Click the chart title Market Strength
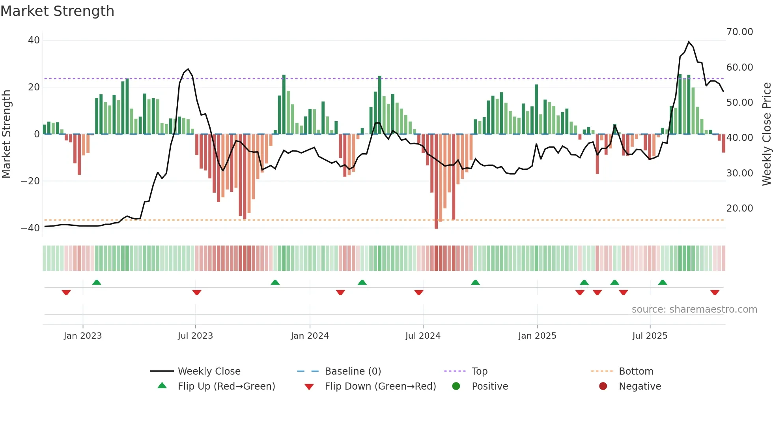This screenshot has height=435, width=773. click(x=57, y=11)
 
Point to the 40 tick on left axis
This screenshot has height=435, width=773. click(x=34, y=40)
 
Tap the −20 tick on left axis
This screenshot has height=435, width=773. click(x=30, y=181)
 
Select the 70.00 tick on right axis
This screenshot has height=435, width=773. click(x=739, y=32)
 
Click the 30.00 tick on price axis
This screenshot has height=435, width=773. click(x=739, y=173)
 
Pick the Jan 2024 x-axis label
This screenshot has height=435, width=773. click(x=310, y=336)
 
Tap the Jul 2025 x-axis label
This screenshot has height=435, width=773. click(x=650, y=336)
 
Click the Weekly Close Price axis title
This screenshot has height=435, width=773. click(x=766, y=134)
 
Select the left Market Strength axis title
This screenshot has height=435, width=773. click(x=7, y=134)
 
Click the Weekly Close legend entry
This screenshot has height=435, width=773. click(x=209, y=371)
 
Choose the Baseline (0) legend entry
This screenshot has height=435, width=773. click(x=353, y=371)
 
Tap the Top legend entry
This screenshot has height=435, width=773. click(x=480, y=371)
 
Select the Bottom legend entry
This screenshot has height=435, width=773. click(x=636, y=371)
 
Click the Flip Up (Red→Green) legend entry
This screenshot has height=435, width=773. click(x=226, y=386)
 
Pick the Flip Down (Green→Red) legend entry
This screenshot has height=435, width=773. click(x=380, y=386)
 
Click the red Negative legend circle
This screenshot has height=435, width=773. click(x=603, y=386)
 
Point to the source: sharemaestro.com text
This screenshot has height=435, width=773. click(x=694, y=309)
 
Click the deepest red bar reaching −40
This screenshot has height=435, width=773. click(x=436, y=182)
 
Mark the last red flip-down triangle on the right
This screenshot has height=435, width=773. click(x=715, y=292)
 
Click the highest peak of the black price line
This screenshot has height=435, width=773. click(x=689, y=42)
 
